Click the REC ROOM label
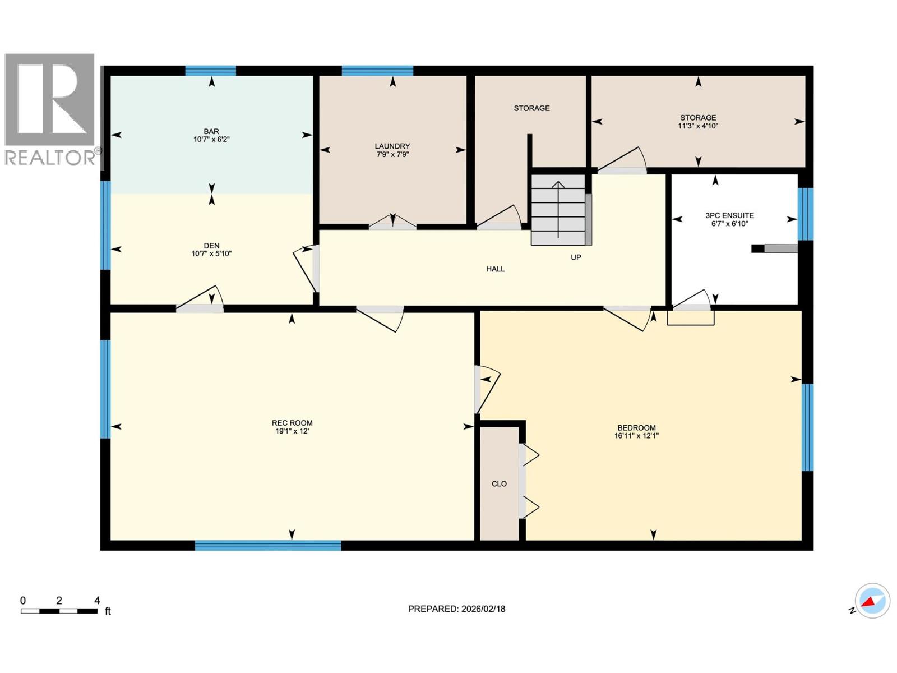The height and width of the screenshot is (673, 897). point(292,423)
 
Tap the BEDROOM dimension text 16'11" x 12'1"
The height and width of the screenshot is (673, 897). point(636,436)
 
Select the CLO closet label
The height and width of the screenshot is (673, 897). point(499,483)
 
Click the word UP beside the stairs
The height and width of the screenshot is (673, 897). point(576,257)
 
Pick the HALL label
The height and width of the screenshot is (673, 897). point(495,269)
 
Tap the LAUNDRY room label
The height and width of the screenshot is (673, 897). point(392,146)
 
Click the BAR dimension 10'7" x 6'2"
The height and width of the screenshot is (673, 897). point(211,139)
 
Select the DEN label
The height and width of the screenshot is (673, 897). point(211,246)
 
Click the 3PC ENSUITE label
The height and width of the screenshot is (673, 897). point(729,215)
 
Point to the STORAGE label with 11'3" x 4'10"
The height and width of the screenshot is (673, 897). point(698,118)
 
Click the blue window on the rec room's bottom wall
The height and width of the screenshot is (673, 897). point(268,545)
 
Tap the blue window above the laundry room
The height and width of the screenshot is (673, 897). point(377,71)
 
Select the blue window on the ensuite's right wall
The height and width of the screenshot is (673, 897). point(806,214)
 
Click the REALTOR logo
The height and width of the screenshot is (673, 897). point(50,109)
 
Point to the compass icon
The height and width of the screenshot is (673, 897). point(872,601)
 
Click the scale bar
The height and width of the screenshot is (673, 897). point(59,611)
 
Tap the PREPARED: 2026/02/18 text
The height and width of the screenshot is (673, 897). point(456,609)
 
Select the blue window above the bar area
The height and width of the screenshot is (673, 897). point(210,71)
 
